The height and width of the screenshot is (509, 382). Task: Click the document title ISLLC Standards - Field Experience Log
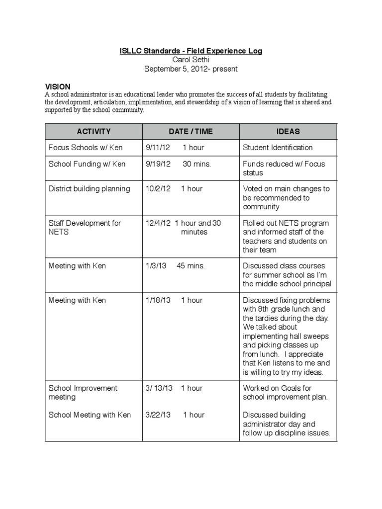click(191, 51)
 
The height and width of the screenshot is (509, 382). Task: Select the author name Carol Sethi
click(191, 60)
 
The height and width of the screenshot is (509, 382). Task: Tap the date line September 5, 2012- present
click(191, 69)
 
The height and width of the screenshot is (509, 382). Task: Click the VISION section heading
click(58, 86)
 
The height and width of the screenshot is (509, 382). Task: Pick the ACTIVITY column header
click(94, 132)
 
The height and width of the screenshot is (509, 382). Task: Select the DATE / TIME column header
click(191, 132)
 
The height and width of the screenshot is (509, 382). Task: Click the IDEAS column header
click(288, 132)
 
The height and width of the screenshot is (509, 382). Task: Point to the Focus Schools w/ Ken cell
click(86, 148)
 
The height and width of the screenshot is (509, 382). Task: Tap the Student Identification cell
click(278, 148)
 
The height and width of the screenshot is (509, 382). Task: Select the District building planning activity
click(89, 189)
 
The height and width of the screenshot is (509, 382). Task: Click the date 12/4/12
click(158, 223)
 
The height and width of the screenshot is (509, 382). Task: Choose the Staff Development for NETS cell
click(85, 228)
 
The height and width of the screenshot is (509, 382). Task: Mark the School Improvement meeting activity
click(83, 393)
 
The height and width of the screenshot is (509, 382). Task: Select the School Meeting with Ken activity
click(90, 415)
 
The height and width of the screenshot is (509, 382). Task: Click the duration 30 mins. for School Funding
click(196, 164)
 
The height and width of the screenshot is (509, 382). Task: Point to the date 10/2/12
click(158, 189)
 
